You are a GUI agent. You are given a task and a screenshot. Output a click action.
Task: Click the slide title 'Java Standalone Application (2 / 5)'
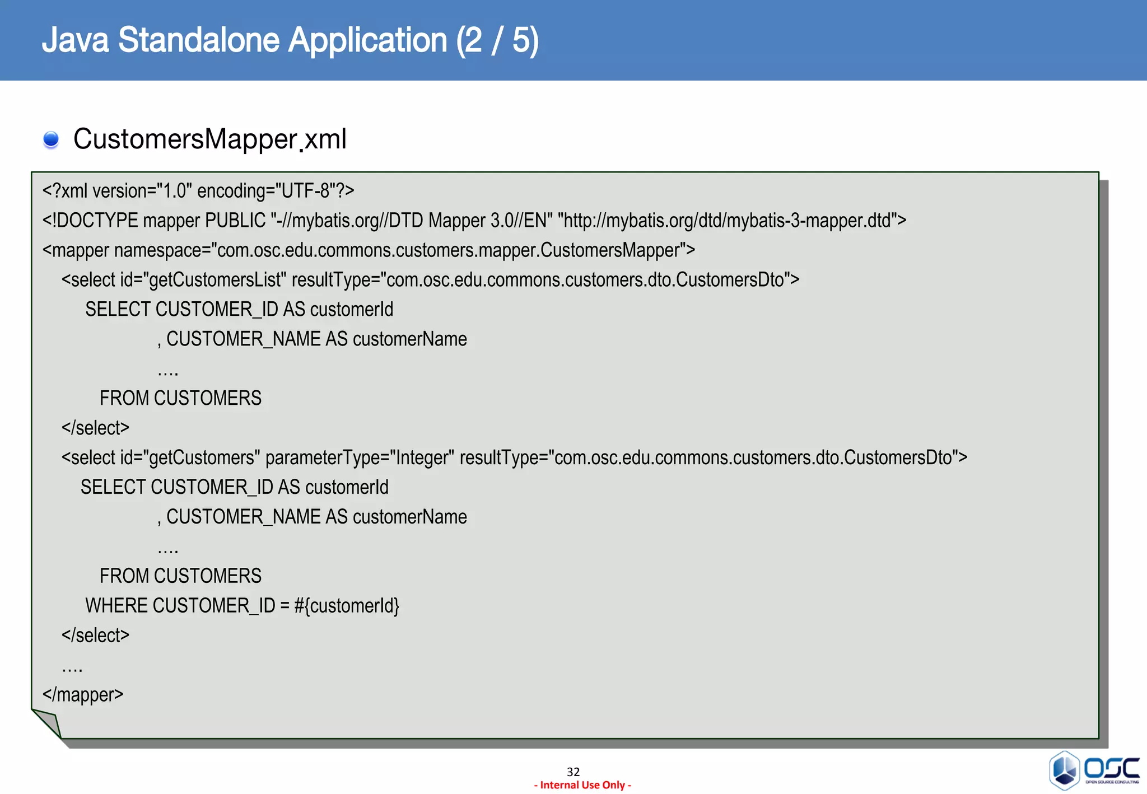pos(290,40)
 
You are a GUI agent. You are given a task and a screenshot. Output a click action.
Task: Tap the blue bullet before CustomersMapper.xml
pos(51,139)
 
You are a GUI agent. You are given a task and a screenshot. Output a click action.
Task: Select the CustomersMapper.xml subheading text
pos(210,139)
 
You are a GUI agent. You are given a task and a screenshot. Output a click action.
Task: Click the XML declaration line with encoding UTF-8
pos(198,191)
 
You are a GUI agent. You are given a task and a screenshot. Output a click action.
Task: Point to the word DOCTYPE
pos(97,221)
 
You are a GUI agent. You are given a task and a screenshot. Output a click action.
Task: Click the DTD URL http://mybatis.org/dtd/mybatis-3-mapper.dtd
pos(727,221)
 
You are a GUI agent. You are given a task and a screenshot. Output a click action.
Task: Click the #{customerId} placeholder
pos(346,606)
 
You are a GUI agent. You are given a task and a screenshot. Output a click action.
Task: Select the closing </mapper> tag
pos(83,695)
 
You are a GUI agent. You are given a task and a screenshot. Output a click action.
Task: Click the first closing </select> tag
pos(95,428)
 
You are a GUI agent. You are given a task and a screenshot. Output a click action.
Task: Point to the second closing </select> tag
pos(95,636)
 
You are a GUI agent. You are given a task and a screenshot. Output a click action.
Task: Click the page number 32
pos(573,772)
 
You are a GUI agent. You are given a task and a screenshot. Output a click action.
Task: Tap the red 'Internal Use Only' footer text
pos(582,785)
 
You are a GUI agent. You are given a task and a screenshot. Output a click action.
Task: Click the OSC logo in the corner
pos(1093,770)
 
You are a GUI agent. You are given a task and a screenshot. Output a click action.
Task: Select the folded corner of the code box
pos(47,722)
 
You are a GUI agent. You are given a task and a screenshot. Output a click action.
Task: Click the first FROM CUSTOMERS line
pos(180,399)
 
